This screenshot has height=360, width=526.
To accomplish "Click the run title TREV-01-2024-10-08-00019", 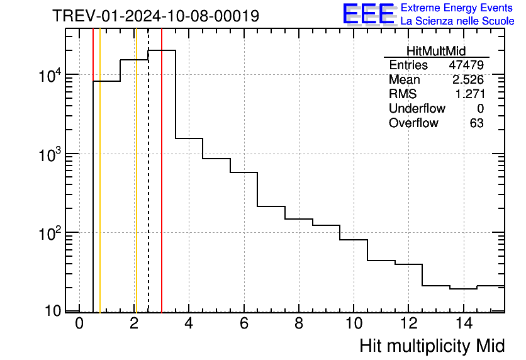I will click(x=155, y=16).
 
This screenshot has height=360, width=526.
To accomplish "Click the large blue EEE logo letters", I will click(x=369, y=14).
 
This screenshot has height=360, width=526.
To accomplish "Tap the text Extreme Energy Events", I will click(x=457, y=8).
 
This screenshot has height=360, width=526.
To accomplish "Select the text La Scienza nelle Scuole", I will click(x=457, y=21).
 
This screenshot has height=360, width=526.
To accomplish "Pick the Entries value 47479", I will click(x=466, y=65).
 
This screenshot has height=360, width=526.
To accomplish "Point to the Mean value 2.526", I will click(x=468, y=80).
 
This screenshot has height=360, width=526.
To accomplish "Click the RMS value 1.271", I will click(x=469, y=94).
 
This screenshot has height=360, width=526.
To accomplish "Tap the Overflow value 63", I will click(x=476, y=123).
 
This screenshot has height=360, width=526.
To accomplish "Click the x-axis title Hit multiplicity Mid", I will click(x=432, y=346).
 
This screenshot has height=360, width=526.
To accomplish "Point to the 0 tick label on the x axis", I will click(x=79, y=323).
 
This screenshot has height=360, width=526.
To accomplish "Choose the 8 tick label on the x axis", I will click(x=299, y=323).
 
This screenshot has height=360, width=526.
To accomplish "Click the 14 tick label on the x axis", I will click(x=463, y=323).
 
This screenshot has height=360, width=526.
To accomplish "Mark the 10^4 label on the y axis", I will click(x=49, y=76).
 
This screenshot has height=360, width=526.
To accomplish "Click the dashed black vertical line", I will click(x=148, y=189).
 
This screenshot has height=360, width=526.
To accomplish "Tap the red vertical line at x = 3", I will click(x=162, y=189).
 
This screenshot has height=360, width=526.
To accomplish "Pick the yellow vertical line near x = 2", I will click(x=135, y=189).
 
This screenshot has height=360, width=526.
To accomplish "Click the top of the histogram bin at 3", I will click(x=162, y=50).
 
